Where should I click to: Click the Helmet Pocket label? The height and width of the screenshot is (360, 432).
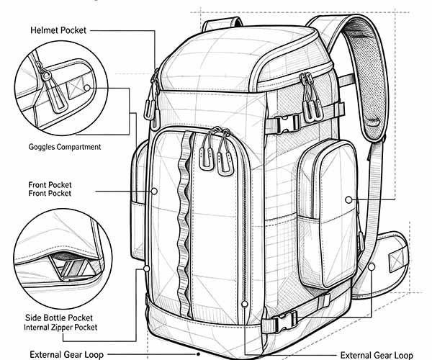[58, 30]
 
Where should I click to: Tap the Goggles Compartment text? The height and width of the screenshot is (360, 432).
[65, 147]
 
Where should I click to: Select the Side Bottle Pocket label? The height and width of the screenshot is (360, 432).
[59, 318]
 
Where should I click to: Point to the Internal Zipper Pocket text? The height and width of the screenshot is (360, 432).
[60, 328]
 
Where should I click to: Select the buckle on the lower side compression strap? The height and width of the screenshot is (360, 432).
[284, 321]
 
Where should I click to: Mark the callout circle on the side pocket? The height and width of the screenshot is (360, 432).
[348, 199]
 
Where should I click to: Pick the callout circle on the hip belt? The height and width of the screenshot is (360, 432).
[372, 266]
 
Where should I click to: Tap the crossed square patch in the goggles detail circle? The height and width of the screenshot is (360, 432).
[75, 88]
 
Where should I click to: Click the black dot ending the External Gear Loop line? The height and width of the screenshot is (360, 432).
[198, 354]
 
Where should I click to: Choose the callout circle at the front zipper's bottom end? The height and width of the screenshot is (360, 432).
[244, 304]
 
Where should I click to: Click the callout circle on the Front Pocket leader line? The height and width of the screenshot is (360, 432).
[154, 191]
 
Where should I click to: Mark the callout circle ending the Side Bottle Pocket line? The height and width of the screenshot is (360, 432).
[147, 269]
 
